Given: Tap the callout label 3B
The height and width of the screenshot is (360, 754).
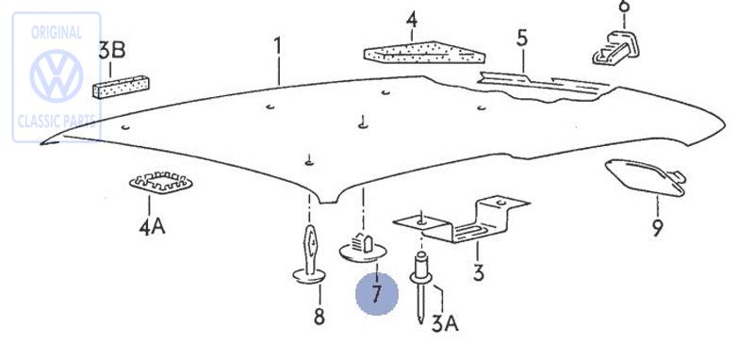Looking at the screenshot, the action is (112, 51).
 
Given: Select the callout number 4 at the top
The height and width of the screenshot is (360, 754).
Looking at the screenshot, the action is (412, 21).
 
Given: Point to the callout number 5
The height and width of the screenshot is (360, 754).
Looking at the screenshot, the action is (522, 38).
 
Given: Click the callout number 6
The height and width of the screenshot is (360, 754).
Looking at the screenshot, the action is (624, 7).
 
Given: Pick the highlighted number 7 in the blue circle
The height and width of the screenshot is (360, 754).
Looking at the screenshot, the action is (376, 294).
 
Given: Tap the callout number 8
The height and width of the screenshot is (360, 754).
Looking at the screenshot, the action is (319, 317).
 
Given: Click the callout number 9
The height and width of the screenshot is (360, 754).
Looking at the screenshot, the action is (657, 227).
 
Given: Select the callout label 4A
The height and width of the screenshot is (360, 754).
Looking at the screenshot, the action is (152, 226).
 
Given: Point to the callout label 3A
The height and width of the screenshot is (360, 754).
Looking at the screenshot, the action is (445, 324).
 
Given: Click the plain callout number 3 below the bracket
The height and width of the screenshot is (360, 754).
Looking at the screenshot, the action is (478, 272).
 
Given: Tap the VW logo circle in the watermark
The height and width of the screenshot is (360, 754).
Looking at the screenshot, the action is (57, 76).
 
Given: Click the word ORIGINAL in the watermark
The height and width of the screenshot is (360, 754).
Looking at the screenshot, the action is (57, 33).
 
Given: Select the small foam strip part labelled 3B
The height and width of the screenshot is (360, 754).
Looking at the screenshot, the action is (121, 87).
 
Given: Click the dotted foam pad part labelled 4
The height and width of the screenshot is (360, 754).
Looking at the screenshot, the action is (425, 53).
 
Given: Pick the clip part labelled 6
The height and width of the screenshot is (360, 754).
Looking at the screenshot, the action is (616, 48).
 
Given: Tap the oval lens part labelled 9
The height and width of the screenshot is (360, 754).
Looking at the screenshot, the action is (645, 177).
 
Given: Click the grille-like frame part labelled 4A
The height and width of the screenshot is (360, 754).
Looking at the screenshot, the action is (160, 182).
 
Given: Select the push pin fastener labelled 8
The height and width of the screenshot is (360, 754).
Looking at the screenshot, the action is (310, 254).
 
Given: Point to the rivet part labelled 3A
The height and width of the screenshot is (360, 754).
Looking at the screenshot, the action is (420, 286).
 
